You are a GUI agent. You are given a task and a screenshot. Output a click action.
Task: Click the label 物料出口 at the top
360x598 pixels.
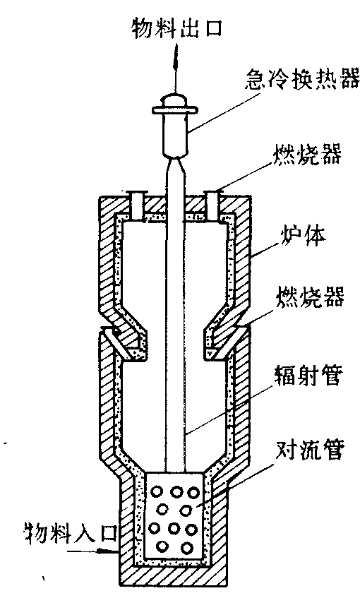coord(176,29)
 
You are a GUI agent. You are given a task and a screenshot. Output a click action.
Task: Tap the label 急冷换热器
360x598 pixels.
coord(302,78)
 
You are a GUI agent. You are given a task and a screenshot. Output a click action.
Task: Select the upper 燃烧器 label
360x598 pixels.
coord(306,154)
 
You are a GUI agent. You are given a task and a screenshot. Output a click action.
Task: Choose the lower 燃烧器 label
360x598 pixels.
coord(309,297)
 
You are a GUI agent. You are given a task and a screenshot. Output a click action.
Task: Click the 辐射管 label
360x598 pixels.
coord(306,375)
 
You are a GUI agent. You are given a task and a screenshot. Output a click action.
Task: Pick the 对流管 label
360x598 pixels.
coord(309,450)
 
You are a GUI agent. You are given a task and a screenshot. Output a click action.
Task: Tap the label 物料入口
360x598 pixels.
coord(70,532)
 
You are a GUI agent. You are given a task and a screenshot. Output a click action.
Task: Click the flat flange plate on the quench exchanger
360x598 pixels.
coord(175,110)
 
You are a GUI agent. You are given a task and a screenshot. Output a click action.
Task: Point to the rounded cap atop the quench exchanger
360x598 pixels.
coord(175,101)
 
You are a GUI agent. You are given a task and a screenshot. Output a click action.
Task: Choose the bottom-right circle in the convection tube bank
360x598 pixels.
coord(186,548)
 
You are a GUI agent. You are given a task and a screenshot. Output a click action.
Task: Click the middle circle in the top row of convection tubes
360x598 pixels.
coord(176,491)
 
